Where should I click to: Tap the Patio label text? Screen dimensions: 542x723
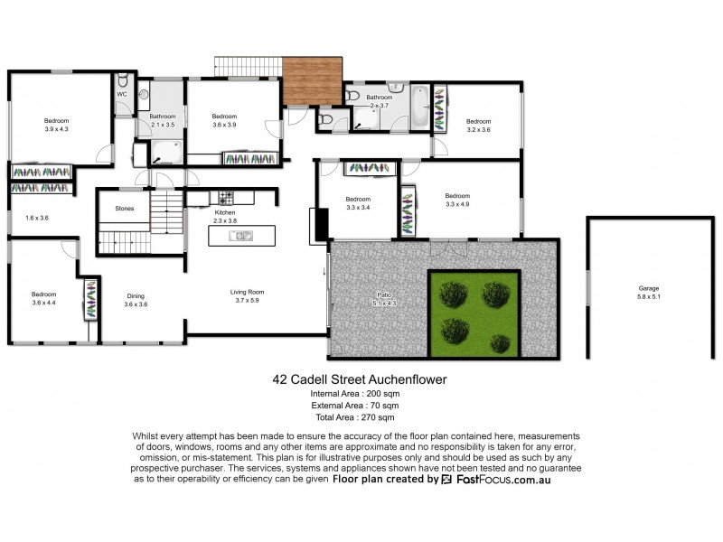[x=384, y=298]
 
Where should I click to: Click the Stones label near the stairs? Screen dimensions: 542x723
[x=125, y=209]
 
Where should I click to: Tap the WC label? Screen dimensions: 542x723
[x=121, y=94]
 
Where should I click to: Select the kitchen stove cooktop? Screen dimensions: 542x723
[x=222, y=196]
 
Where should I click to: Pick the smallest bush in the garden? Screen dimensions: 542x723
[x=500, y=342]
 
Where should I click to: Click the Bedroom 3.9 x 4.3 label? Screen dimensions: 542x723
[x=57, y=125]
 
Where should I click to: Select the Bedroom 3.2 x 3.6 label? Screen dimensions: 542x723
[x=478, y=125]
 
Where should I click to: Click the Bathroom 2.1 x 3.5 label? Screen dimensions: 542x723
[x=163, y=119]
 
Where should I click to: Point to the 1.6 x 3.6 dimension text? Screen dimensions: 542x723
[x=37, y=218]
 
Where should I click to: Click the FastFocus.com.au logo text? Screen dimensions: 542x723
[x=500, y=480]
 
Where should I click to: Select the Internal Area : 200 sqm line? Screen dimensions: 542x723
[x=354, y=395]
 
